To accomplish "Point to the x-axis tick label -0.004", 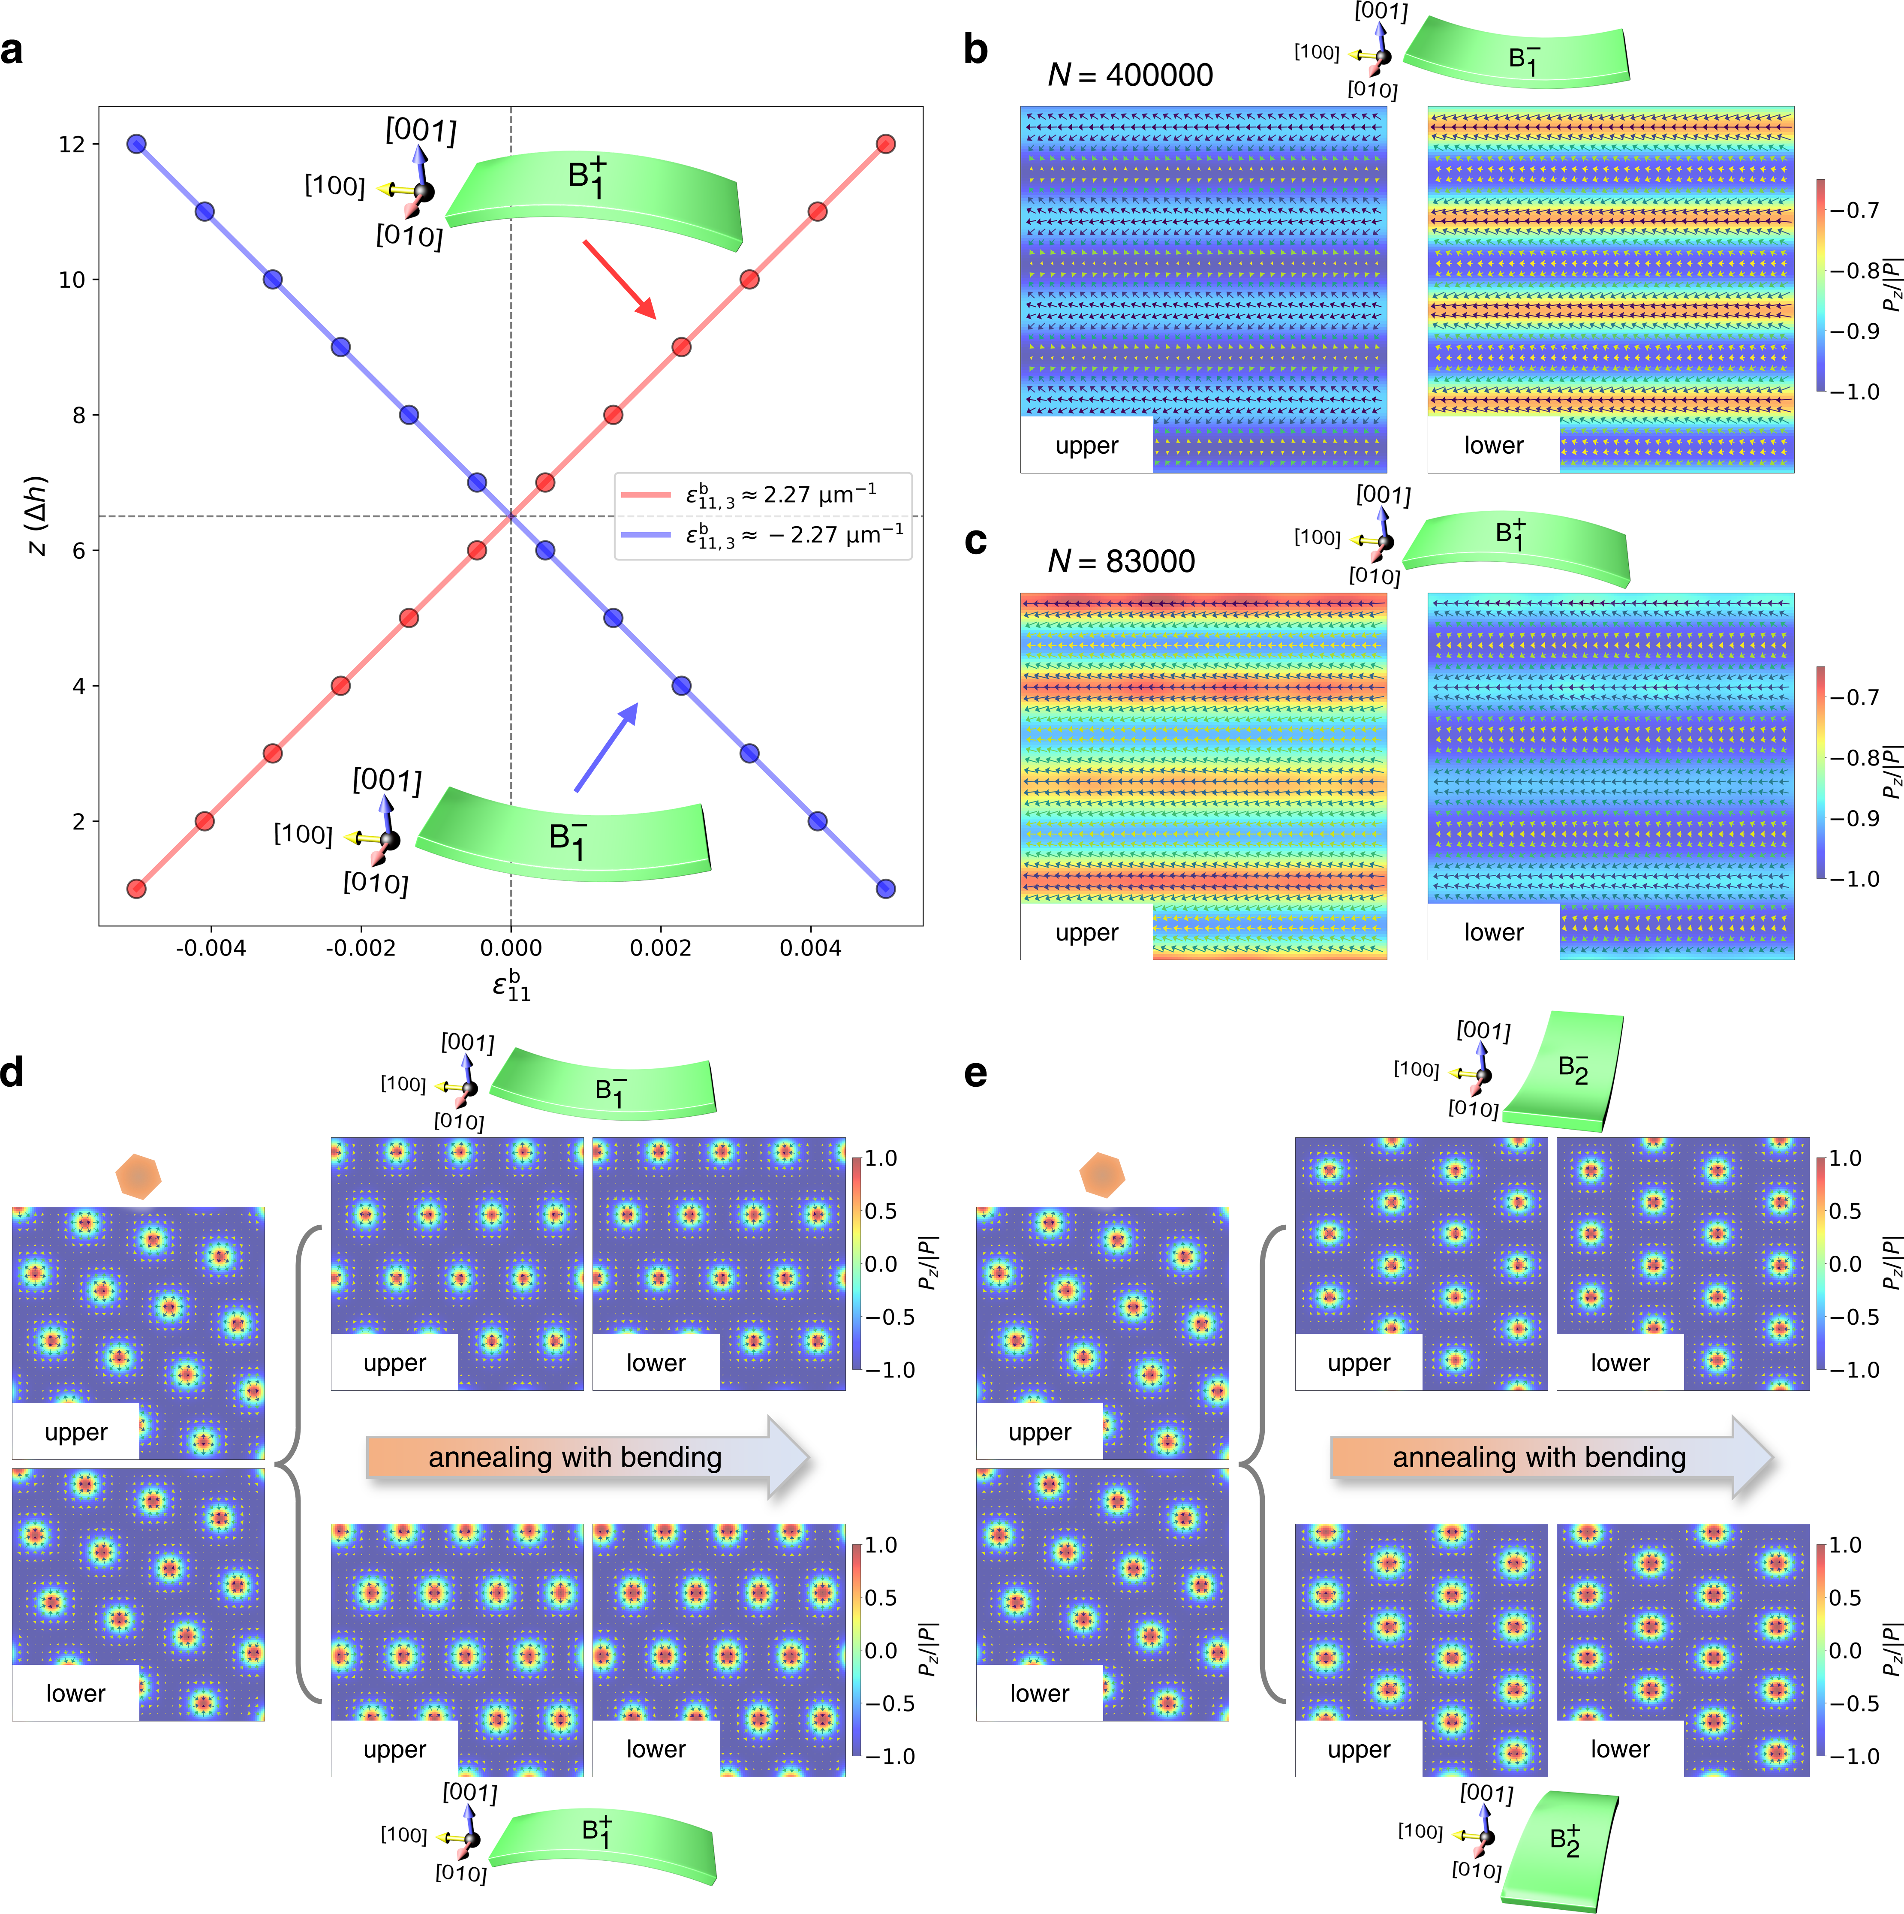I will [x=210, y=948].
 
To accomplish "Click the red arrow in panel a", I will [x=619, y=279].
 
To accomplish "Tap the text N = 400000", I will [x=1129, y=75].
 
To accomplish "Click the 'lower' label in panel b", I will [x=1493, y=446].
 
